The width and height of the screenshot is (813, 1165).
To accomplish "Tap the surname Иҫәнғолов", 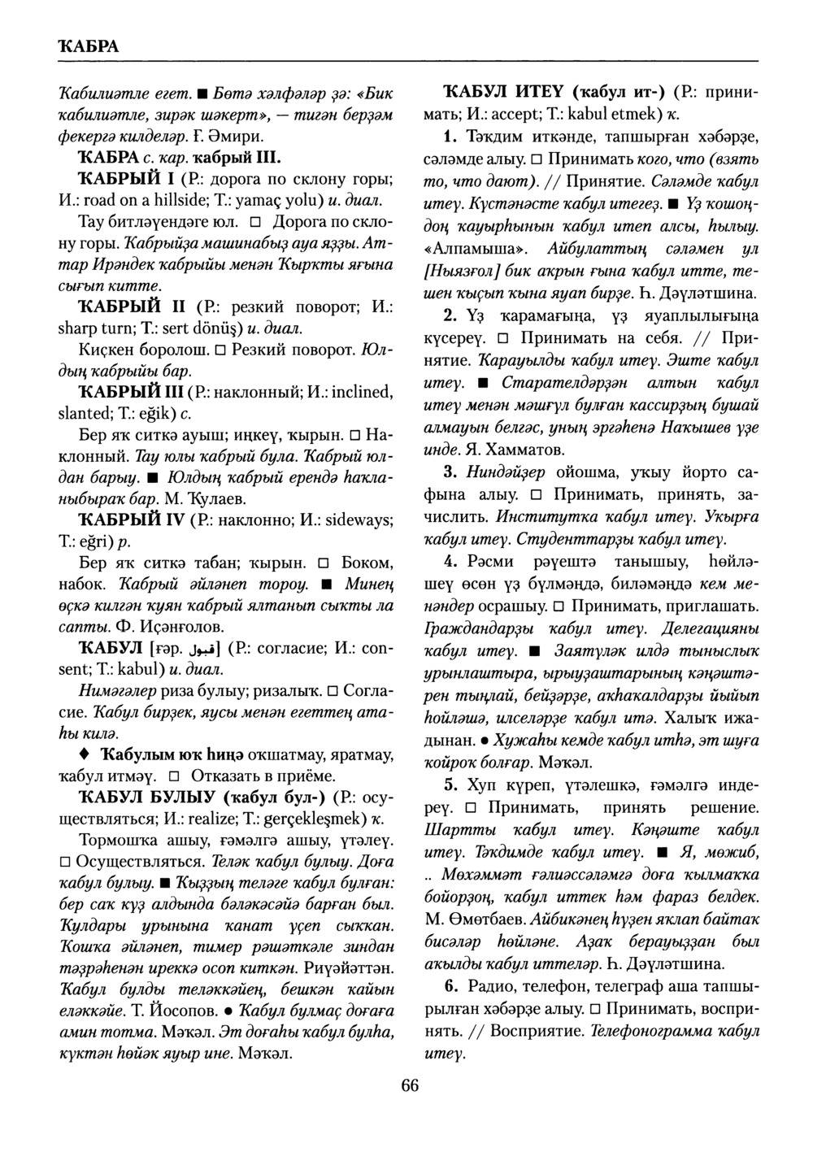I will coord(171,627).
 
